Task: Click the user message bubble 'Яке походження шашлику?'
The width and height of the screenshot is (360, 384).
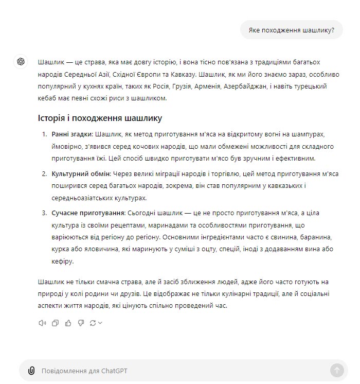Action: [x=291, y=30]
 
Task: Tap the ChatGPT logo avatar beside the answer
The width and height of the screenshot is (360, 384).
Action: [x=21, y=61]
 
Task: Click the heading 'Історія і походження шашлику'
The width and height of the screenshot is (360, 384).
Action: [x=100, y=118]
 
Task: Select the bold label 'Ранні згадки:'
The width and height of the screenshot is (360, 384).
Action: [x=72, y=134]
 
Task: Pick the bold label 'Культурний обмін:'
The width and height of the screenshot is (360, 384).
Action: [x=81, y=174]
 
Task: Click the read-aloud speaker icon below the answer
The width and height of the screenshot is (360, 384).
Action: [x=42, y=323]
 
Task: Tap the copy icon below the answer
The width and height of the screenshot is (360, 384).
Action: [x=55, y=323]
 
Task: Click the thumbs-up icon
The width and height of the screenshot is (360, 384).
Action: [x=68, y=323]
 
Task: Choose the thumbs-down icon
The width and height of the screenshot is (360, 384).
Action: [x=81, y=323]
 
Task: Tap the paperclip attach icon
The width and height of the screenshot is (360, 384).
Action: [x=31, y=370]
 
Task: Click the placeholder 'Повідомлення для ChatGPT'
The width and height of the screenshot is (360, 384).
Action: [x=84, y=371]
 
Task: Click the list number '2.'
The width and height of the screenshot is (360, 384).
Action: [x=45, y=174]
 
